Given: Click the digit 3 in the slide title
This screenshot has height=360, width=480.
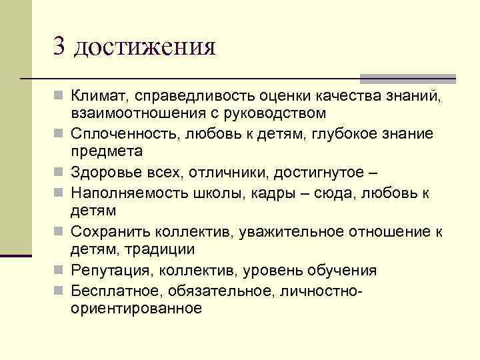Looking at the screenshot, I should click(x=60, y=47).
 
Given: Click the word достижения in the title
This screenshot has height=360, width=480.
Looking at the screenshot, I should click(x=144, y=48).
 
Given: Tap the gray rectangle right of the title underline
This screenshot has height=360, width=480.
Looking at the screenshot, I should click(x=408, y=78).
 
